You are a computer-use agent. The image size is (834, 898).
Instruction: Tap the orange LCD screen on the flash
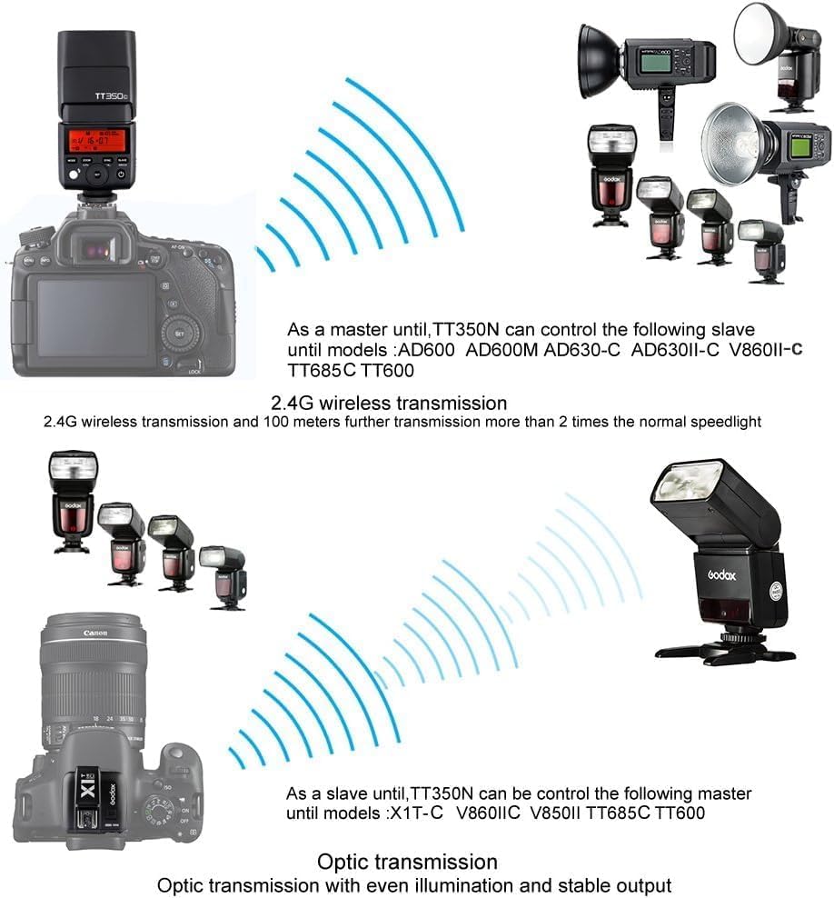94,142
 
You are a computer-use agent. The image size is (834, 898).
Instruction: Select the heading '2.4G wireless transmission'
389,402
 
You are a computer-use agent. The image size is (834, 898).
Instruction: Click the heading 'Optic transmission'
407,861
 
